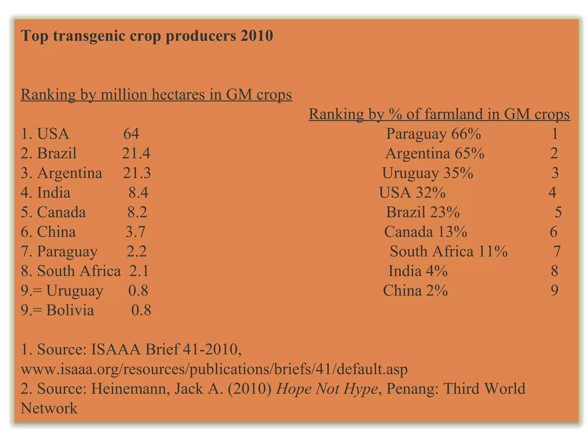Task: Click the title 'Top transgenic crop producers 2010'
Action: point(147,36)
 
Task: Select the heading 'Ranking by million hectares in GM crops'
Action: point(156,94)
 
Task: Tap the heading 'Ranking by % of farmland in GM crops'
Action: point(439,114)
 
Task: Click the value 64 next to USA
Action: point(131,134)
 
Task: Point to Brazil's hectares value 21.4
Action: point(136,153)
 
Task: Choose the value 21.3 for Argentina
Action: point(137,173)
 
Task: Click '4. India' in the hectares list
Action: point(46,193)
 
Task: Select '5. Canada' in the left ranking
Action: point(53,212)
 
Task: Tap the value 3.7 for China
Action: point(135,232)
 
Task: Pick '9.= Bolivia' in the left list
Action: point(57,310)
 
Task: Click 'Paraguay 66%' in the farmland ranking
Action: point(433,134)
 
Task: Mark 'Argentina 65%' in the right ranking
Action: point(435,153)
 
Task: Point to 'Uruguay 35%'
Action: point(428,173)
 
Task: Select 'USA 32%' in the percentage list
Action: point(412,193)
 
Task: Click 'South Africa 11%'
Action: point(448,252)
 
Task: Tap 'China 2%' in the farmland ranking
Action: point(415,291)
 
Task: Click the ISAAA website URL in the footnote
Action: point(214,369)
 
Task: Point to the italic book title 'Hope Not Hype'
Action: point(327,389)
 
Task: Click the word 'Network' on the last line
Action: point(49,408)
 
